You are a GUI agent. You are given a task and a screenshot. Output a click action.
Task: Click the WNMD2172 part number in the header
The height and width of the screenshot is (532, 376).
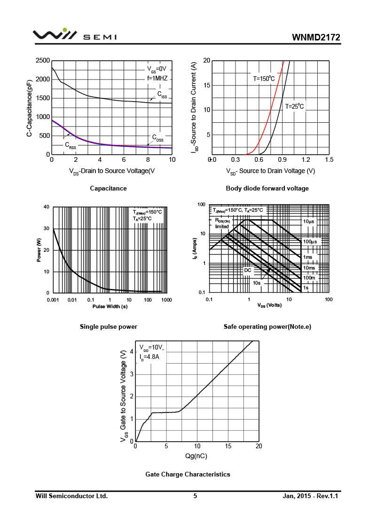point(315,38)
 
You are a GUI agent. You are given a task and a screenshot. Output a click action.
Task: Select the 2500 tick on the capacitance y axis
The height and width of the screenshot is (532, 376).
point(43,61)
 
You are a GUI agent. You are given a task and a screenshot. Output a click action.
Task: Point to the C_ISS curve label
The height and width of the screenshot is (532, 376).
point(162,95)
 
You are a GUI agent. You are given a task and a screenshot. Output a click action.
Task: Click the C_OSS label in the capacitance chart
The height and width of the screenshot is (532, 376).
point(158,138)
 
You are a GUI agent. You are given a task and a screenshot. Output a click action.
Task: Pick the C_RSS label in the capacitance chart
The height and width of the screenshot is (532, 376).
point(70,145)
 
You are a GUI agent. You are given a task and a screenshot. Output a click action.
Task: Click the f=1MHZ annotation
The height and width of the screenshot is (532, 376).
point(157,79)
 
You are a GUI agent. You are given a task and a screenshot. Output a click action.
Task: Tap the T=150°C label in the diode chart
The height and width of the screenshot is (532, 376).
point(261,79)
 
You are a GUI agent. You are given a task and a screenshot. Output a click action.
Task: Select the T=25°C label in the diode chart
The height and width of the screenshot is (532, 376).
point(295,106)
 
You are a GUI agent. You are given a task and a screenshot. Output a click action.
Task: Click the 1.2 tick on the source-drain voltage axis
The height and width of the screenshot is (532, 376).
point(305,160)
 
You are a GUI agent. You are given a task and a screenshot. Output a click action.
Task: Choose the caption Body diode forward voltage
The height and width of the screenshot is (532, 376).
point(267,189)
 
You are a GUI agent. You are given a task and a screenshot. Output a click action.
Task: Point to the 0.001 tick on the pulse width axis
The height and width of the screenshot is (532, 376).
point(53,300)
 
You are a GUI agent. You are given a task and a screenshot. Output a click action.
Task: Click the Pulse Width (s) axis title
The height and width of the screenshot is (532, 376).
point(110,307)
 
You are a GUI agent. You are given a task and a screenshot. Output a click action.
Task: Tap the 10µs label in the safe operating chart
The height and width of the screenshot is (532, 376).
point(309,221)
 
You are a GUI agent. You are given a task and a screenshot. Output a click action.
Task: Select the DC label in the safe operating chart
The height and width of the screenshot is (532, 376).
point(247,270)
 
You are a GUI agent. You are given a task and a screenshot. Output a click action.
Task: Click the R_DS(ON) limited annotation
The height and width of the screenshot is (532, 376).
point(222,223)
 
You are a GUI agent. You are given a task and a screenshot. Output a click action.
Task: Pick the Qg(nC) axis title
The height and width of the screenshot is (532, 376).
point(196,456)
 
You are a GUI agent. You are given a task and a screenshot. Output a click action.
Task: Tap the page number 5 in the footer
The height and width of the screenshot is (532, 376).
point(195,496)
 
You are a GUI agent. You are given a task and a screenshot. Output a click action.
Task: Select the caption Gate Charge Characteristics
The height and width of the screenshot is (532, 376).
point(188,474)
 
